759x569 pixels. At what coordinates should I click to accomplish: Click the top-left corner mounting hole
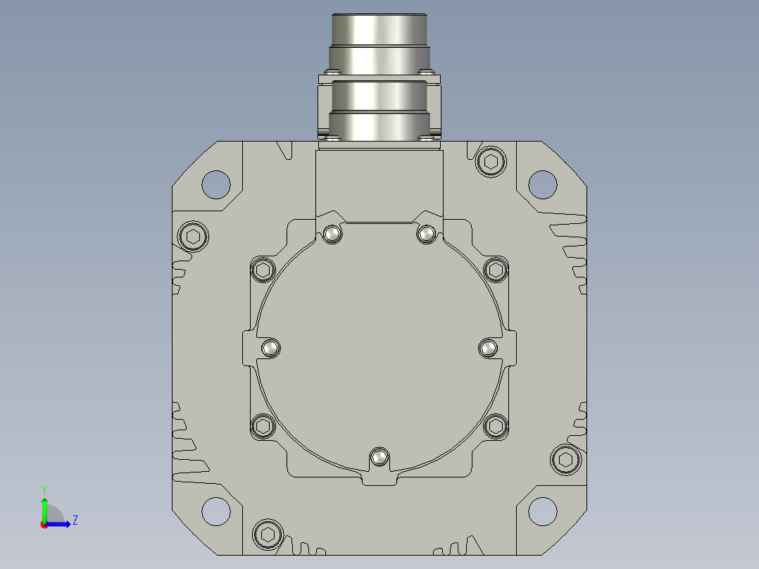click(x=216, y=185)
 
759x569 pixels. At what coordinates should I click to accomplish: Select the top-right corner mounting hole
click(x=543, y=185)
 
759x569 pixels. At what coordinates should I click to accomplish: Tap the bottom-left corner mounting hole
click(x=216, y=511)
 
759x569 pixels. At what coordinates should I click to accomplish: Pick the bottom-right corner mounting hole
click(x=543, y=511)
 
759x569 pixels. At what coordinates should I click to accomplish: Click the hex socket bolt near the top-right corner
click(x=491, y=162)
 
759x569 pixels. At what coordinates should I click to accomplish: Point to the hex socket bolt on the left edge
click(x=193, y=237)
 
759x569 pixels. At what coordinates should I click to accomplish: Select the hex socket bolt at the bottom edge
click(x=268, y=534)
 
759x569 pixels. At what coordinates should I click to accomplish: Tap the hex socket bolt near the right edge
click(x=565, y=460)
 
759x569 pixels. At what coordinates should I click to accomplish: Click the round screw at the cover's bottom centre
click(x=379, y=456)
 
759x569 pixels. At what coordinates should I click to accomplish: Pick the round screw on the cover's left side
click(x=270, y=348)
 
